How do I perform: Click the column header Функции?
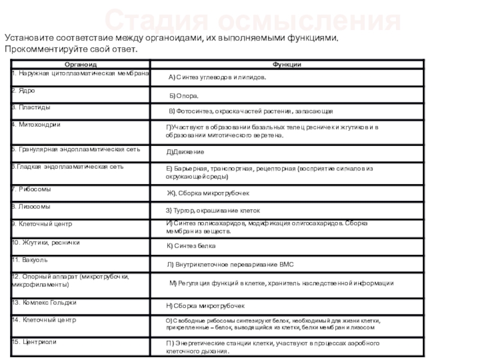point(287,64)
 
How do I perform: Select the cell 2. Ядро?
point(23,90)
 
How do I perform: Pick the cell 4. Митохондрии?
point(37,124)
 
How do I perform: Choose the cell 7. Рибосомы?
point(32,189)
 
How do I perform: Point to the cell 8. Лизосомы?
point(31,206)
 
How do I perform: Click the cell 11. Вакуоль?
point(30,260)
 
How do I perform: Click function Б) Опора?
point(184,95)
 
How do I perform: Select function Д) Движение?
point(185,152)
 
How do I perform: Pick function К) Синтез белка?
point(191,246)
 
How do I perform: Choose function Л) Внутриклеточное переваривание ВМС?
point(230,264)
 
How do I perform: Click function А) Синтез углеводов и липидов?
point(217,77)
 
